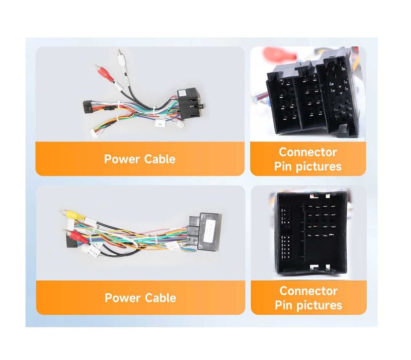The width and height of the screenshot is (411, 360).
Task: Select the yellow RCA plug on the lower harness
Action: point(72,214)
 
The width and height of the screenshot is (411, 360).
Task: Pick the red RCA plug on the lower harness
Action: point(75,236)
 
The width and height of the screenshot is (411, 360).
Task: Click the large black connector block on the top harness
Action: point(189,103)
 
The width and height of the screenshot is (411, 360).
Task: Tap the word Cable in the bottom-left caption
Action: point(160,298)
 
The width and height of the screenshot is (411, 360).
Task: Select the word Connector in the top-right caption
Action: point(308,152)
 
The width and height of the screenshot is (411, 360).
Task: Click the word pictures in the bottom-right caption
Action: point(319,305)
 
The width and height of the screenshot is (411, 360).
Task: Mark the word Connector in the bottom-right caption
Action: point(309,291)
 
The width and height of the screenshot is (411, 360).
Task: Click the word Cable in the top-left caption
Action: point(160,159)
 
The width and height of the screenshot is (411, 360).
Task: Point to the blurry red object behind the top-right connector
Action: point(279,55)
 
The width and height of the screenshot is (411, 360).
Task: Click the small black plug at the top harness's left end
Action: point(88,106)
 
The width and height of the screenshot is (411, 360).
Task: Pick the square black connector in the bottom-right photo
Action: point(312,233)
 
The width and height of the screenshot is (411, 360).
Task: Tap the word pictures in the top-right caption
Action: point(319,167)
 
